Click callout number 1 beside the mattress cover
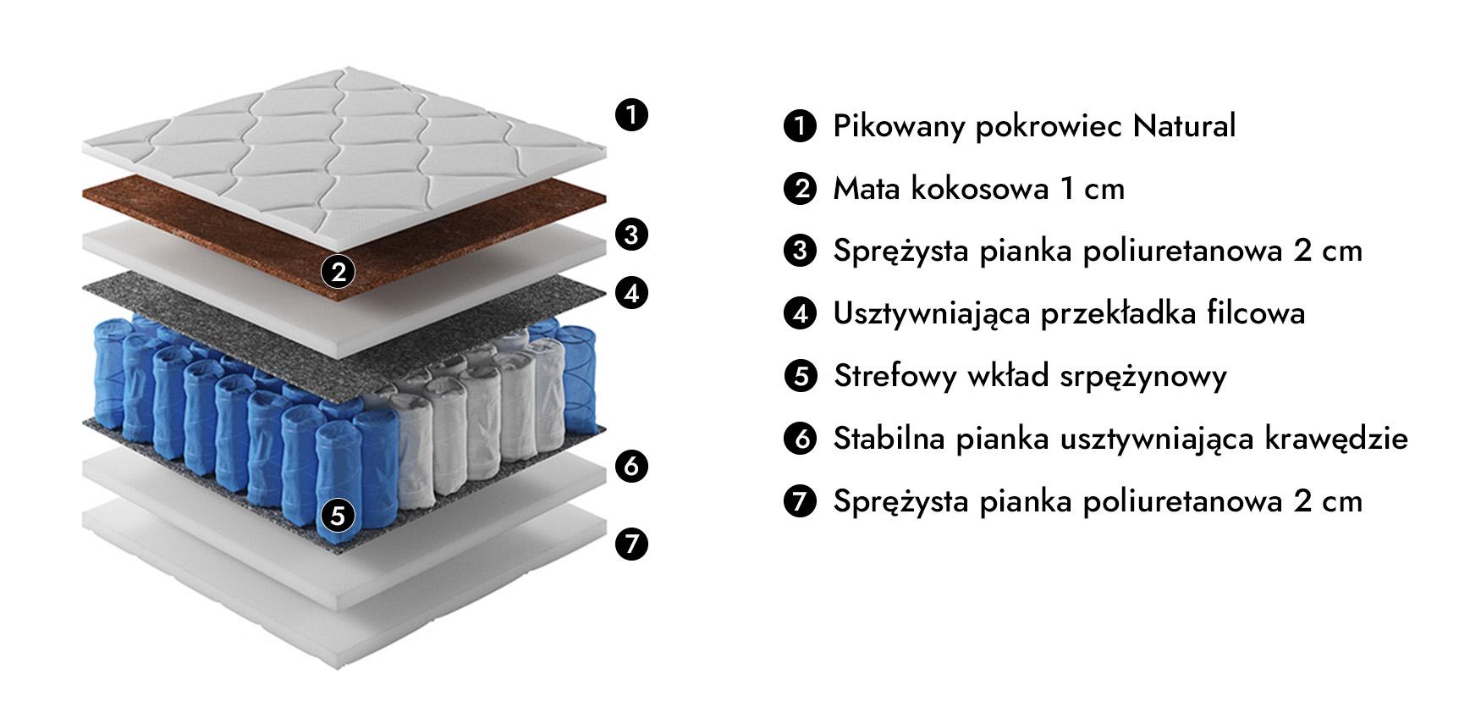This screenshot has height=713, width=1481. [631, 114]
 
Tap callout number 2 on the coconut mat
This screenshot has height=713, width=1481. [339, 272]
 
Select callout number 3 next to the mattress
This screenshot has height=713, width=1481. [631, 234]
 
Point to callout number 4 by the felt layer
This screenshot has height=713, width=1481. [631, 293]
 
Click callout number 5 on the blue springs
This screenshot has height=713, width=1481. [338, 515]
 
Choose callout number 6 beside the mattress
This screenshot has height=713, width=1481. [631, 466]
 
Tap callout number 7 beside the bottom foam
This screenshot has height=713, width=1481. [631, 543]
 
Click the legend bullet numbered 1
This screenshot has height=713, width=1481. [800, 125]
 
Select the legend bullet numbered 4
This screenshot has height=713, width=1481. [800, 313]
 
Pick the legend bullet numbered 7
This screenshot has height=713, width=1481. [800, 501]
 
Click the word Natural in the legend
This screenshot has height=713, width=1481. [1184, 125]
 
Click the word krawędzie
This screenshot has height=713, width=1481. [1336, 439]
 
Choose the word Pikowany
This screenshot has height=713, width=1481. [900, 126]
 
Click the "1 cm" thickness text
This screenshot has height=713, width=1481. [1093, 188]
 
